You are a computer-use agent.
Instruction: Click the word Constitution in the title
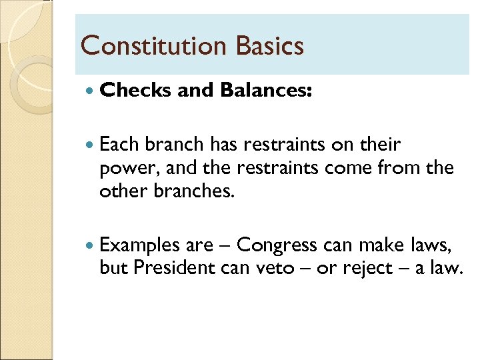pyautogui.click(x=153, y=46)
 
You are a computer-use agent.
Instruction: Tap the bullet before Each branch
pyautogui.click(x=91, y=145)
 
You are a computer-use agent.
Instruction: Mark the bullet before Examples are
pyautogui.click(x=91, y=246)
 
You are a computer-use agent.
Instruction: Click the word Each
pyautogui.click(x=119, y=145)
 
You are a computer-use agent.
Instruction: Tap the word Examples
pyautogui.click(x=140, y=246)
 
